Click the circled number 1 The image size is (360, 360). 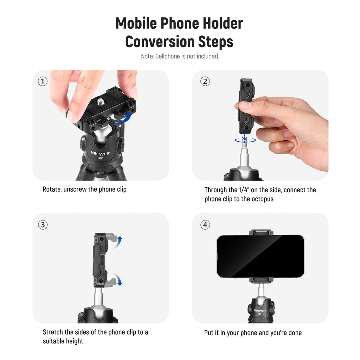pos(43,81)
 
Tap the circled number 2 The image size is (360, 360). pos(205,81)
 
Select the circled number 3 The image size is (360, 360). pos(43,225)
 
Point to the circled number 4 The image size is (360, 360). pos(205,225)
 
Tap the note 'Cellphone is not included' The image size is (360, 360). pos(187,56)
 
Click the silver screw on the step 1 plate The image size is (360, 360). pos(101,102)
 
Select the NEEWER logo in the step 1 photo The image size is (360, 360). pos(100,153)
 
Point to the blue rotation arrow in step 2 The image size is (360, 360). pos(245,140)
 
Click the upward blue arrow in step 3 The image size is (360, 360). pos(118,242)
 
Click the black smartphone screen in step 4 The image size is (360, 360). pos(261,256)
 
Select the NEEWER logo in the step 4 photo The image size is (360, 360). pos(260,311)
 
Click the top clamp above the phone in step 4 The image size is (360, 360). pos(261,232)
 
